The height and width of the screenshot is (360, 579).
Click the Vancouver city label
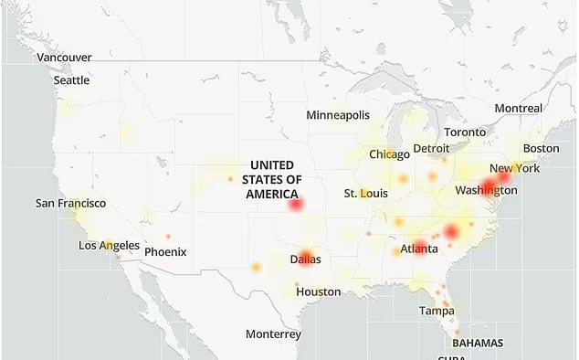click(64, 58)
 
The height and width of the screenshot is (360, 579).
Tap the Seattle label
click(71, 80)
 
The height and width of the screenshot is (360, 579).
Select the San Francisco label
click(70, 203)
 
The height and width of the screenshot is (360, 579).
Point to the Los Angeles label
click(109, 246)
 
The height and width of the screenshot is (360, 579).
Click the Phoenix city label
click(165, 251)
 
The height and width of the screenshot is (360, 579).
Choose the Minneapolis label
click(338, 115)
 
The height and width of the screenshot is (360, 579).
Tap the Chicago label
click(389, 154)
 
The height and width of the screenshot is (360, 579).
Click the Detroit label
click(431, 148)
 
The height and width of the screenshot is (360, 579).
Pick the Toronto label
click(465, 132)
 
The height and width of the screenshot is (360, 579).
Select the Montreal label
click(518, 108)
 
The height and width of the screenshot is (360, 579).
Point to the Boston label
click(541, 148)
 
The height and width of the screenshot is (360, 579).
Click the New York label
click(514, 168)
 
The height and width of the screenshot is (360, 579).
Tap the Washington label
click(486, 190)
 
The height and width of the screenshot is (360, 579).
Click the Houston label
click(318, 291)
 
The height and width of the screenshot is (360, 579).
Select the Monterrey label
click(273, 334)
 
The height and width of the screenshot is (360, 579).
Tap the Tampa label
click(437, 311)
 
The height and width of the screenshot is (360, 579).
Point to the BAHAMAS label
click(477, 344)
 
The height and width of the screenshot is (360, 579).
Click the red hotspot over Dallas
click(305, 257)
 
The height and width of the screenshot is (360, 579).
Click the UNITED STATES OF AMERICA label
click(272, 179)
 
